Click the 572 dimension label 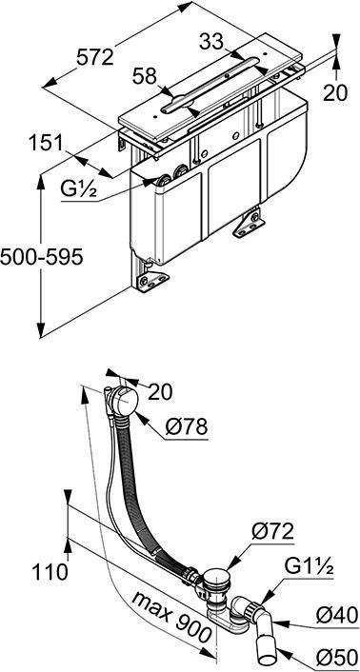[x=95, y=57]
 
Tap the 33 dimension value [x=211, y=42]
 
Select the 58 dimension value [x=145, y=77]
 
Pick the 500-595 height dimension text [x=41, y=257]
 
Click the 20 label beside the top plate [x=335, y=92]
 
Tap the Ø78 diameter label [x=187, y=426]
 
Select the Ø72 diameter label [x=272, y=532]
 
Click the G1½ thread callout [x=309, y=567]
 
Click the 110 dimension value [x=50, y=571]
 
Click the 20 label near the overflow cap [x=160, y=392]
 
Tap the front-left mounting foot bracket [x=151, y=282]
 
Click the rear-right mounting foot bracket [x=249, y=224]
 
